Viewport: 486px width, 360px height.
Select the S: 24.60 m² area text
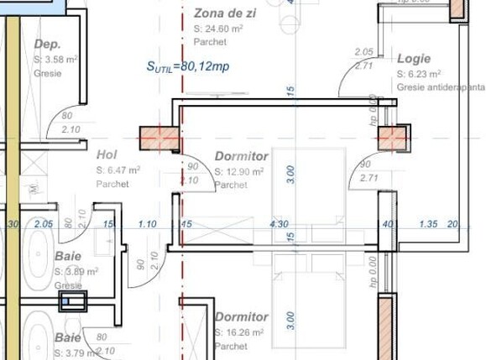218,28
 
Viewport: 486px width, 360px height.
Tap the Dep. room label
48,44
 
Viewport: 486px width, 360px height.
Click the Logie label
414,60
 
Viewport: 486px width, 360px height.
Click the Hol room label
106,154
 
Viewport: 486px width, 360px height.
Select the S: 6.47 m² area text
118,170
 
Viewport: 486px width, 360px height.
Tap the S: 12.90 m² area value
240,172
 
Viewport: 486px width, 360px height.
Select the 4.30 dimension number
279,224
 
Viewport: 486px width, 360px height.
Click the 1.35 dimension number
428,224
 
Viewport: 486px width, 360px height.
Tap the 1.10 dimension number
147,224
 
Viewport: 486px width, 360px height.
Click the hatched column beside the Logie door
393,138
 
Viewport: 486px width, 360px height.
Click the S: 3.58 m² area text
55,60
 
